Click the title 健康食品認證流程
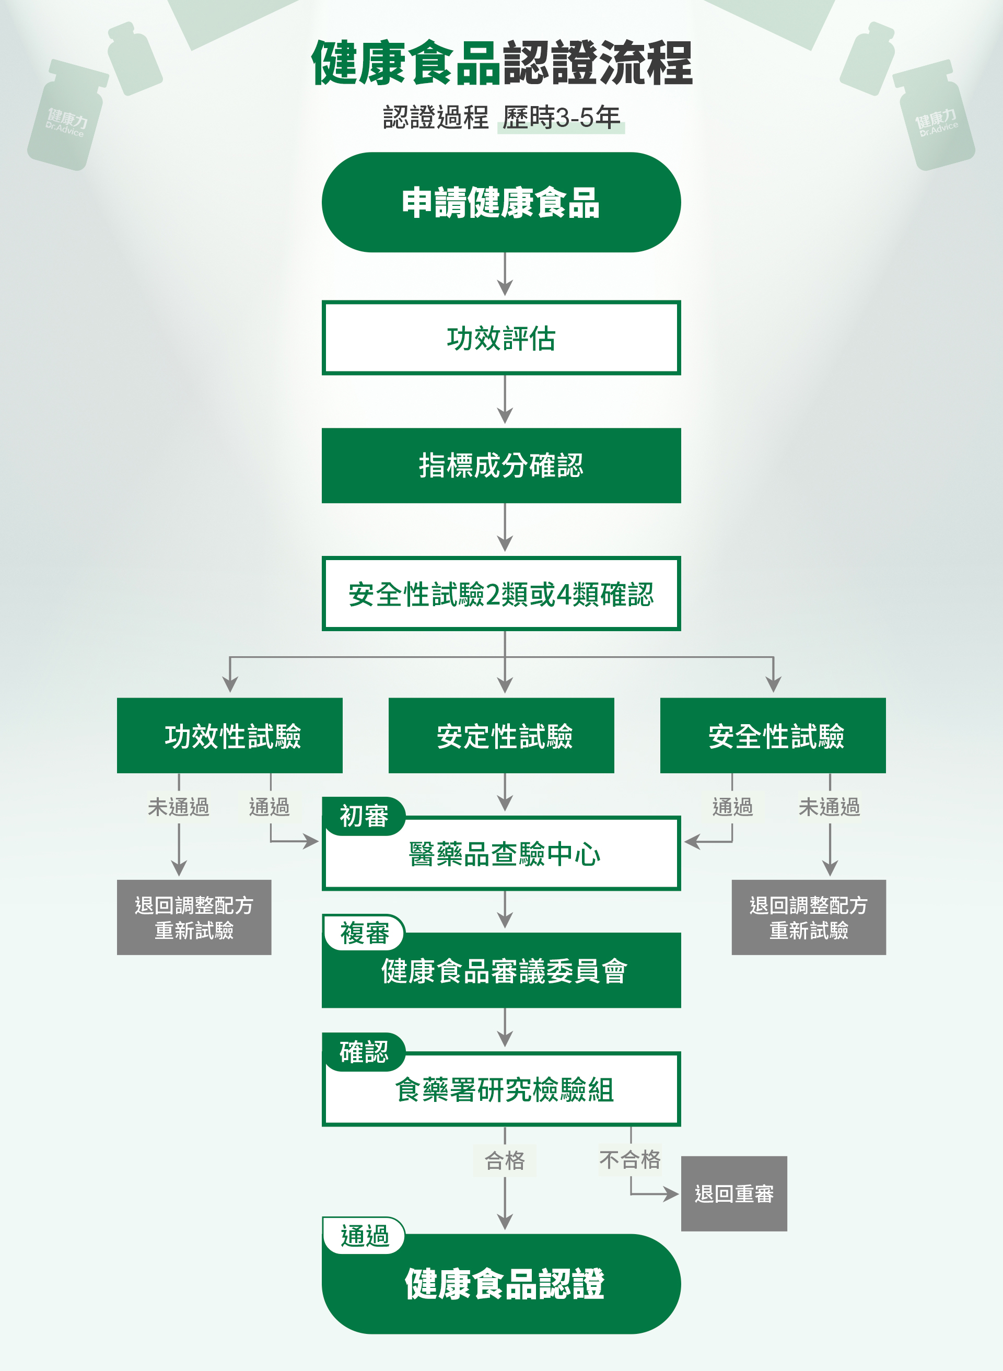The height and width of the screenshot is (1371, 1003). click(501, 63)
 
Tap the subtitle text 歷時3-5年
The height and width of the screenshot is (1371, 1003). click(561, 117)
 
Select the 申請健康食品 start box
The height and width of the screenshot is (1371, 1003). click(501, 202)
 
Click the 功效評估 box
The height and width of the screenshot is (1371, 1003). click(501, 338)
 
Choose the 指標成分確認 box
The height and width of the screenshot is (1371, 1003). click(501, 466)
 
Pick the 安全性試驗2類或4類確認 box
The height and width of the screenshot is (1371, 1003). click(501, 594)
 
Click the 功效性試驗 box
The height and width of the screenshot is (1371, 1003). click(229, 735)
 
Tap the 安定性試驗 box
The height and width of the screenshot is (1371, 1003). click(501, 735)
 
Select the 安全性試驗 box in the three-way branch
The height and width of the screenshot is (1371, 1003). click(773, 735)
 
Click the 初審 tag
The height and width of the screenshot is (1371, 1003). click(364, 816)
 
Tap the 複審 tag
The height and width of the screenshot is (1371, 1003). click(364, 933)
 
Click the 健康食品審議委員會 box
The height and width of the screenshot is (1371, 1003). click(501, 970)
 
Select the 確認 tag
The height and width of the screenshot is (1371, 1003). click(364, 1052)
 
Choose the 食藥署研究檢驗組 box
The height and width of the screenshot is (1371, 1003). click(501, 1089)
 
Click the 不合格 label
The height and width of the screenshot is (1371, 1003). click(630, 1160)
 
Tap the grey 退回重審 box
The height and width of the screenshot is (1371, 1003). click(734, 1194)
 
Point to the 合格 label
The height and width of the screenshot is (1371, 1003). click(505, 1160)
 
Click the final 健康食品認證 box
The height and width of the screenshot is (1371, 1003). click(501, 1284)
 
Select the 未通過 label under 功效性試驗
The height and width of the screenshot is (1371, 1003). click(179, 807)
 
